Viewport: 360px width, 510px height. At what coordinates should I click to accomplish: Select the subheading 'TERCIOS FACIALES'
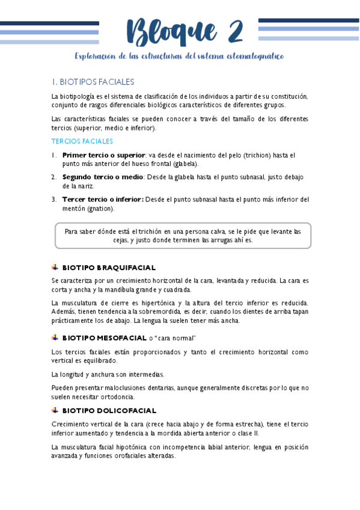[82, 141]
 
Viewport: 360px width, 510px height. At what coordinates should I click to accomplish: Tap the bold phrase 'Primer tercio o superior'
[103, 155]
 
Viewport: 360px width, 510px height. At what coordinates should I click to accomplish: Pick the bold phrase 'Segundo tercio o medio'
[102, 177]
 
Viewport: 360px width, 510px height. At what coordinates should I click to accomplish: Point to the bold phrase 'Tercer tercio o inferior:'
[103, 199]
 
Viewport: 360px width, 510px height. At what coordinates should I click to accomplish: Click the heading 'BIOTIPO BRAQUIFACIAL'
[109, 267]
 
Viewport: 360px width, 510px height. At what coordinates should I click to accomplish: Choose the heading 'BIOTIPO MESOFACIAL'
[105, 338]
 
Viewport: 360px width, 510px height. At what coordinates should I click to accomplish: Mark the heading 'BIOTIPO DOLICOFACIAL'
[109, 410]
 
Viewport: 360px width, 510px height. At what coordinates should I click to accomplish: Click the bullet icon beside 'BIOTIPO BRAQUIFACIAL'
[55, 267]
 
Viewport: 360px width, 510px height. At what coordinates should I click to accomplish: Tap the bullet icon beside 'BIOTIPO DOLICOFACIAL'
[55, 410]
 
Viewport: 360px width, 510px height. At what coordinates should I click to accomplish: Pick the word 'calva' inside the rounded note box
[212, 231]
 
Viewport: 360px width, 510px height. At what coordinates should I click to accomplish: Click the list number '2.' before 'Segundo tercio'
[54, 177]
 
